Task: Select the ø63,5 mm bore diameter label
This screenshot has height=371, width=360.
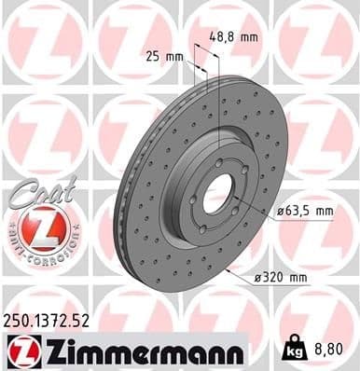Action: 307,212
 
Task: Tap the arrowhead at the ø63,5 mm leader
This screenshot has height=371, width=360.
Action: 235,203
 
